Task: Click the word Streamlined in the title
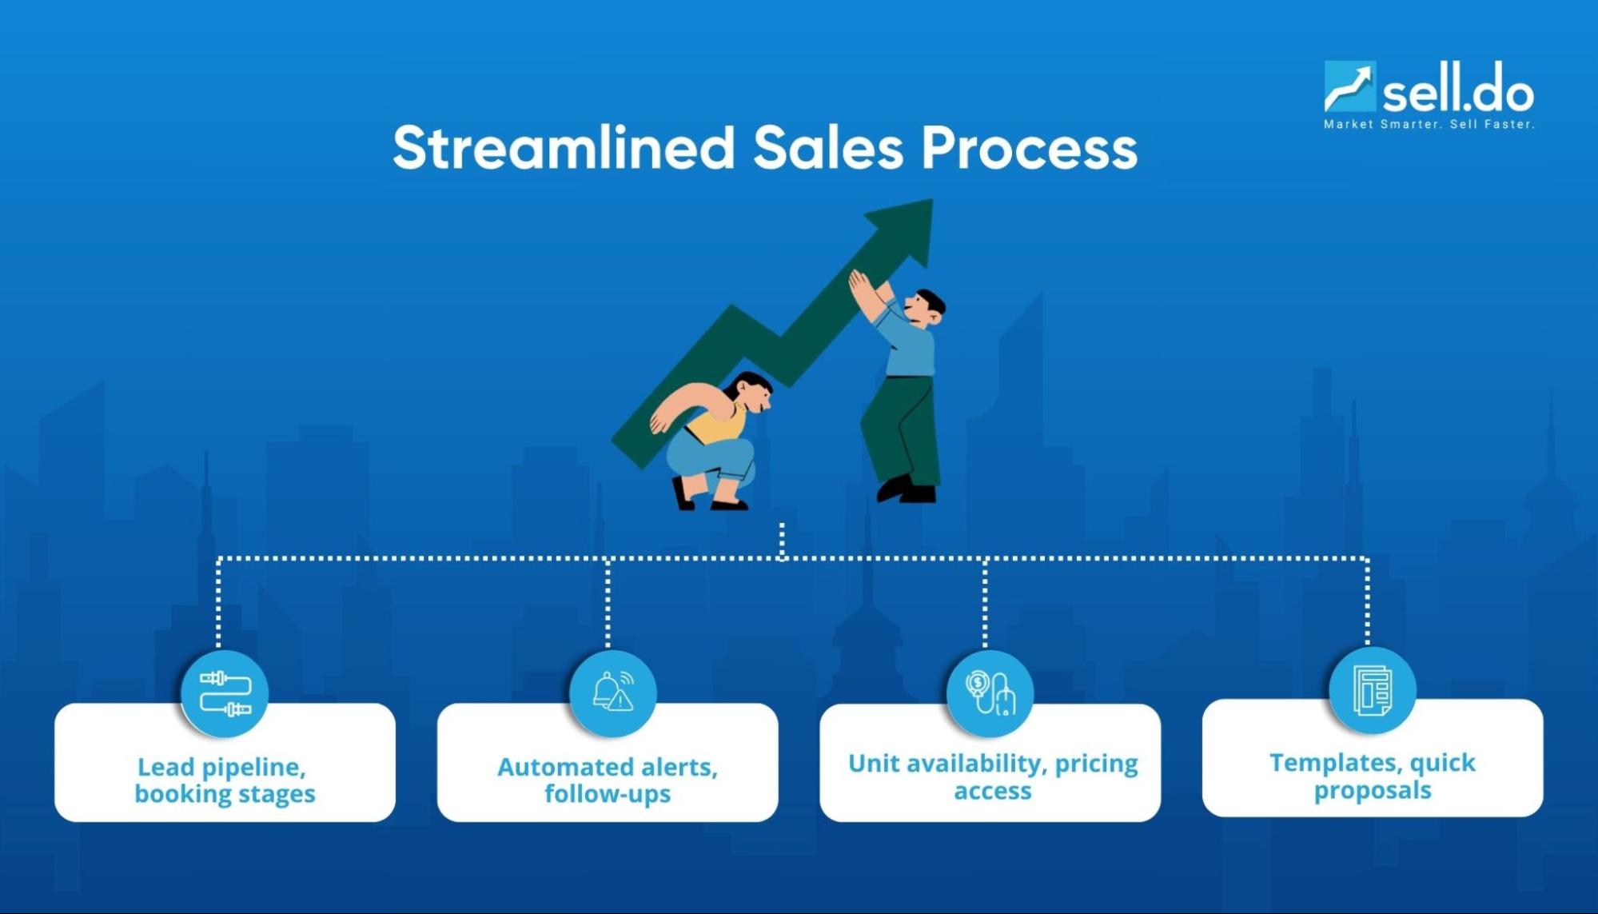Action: (563, 148)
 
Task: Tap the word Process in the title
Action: (1029, 148)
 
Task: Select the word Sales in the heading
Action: (827, 148)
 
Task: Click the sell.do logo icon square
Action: (1349, 86)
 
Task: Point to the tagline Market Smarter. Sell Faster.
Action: (1429, 124)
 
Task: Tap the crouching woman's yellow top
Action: (715, 424)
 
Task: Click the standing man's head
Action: (924, 308)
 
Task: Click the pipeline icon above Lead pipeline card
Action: (225, 693)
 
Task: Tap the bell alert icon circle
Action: (613, 692)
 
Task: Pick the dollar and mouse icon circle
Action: (990, 693)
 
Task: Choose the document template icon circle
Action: (1373, 690)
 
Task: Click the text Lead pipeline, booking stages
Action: (225, 780)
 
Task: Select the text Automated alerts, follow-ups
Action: (608, 780)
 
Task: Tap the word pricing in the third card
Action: (1096, 764)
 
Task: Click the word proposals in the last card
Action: (1373, 791)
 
